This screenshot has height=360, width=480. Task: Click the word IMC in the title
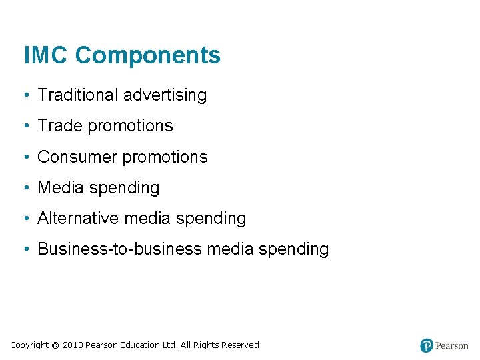click(x=45, y=55)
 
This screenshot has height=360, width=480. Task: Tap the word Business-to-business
click(x=119, y=249)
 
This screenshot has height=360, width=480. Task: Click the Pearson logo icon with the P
click(x=427, y=345)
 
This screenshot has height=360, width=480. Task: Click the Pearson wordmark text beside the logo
click(x=452, y=346)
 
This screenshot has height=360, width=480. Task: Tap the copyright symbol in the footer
click(x=55, y=345)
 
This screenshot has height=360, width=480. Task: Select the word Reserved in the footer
click(x=240, y=345)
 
